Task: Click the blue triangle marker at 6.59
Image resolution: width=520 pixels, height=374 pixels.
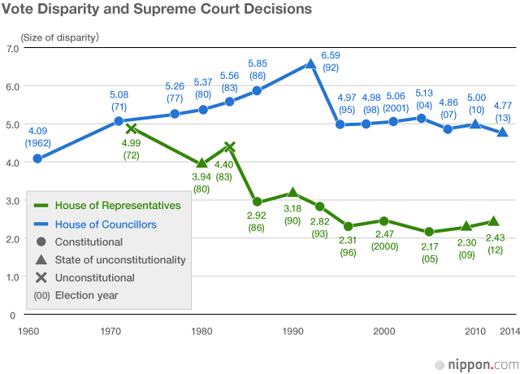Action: [310, 63]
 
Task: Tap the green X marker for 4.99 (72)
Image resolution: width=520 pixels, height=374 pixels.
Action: [131, 128]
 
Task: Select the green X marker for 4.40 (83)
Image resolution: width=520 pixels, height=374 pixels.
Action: [230, 147]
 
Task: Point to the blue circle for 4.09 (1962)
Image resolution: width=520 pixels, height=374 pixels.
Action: [37, 159]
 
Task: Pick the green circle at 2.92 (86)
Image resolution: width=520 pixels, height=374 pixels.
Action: [257, 202]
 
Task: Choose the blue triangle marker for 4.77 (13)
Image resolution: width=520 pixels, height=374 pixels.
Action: [504, 132]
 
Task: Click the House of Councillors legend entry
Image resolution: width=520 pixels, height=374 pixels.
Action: [106, 224]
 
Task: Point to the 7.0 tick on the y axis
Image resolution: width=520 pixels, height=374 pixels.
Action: [11, 49]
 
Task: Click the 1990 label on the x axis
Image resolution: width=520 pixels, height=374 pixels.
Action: [292, 331]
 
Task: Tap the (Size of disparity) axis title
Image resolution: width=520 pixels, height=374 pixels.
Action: [60, 37]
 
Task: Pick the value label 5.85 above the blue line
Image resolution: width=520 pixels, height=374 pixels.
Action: [258, 63]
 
